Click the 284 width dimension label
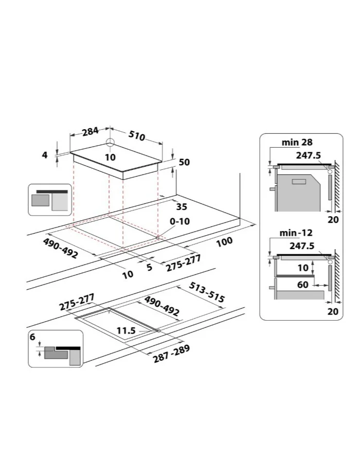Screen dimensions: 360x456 (x=91, y=131)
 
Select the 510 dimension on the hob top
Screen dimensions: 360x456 (x=137, y=135)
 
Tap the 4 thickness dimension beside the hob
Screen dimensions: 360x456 (x=44, y=155)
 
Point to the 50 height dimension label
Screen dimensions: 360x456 (x=184, y=162)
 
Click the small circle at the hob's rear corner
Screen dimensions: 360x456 (x=111, y=142)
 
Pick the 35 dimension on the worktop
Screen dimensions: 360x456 (x=182, y=206)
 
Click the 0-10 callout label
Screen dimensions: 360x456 (x=180, y=221)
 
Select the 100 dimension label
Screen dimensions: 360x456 (x=225, y=241)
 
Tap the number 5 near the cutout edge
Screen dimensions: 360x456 (x=149, y=267)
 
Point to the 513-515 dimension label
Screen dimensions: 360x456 (x=207, y=292)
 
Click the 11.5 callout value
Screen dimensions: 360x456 (x=126, y=330)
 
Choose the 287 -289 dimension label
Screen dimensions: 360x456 (x=171, y=354)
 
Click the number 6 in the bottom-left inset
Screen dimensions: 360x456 (x=32, y=337)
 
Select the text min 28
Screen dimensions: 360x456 (x=297, y=142)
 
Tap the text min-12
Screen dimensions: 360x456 (x=296, y=233)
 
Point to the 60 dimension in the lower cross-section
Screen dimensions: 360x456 (x=303, y=285)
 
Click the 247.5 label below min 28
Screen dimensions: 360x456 (x=308, y=155)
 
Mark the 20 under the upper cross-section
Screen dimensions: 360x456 (x=333, y=220)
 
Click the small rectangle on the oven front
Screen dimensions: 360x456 (x=299, y=182)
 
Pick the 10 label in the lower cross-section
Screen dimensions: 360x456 (x=303, y=267)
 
